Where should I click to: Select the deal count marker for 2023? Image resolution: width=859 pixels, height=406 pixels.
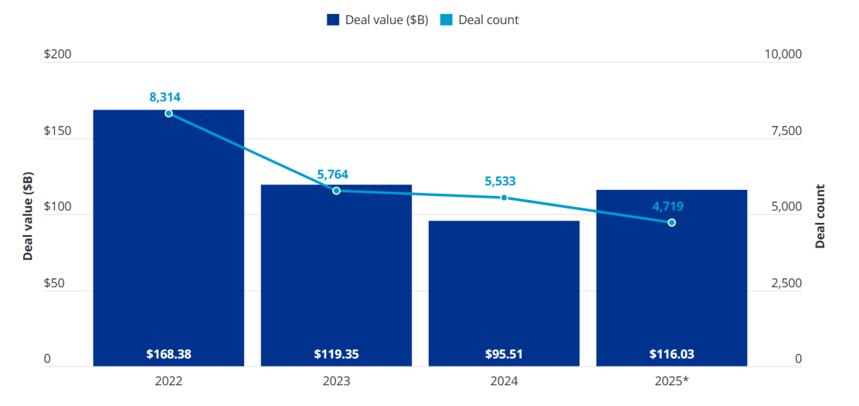tap(336, 191)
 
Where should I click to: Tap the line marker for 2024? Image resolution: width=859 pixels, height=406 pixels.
tap(504, 198)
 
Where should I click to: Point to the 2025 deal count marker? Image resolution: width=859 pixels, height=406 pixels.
tap(672, 222)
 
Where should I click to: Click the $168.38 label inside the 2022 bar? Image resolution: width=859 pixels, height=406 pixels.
tap(168, 354)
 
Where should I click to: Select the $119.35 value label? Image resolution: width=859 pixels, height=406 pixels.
tap(336, 354)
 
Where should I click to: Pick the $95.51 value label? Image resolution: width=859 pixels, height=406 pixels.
tap(504, 354)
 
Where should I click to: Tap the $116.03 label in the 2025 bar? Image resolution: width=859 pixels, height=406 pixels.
tap(672, 354)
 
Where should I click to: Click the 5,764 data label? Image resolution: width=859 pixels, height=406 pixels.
tap(333, 174)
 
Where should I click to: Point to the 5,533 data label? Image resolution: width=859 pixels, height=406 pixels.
tap(500, 181)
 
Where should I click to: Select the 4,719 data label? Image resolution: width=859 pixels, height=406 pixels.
tap(668, 206)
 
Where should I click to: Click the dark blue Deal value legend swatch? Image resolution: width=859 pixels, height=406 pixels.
tap(333, 19)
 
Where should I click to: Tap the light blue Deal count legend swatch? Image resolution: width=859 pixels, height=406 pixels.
tap(446, 19)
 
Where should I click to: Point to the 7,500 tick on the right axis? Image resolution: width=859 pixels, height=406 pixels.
tap(783, 131)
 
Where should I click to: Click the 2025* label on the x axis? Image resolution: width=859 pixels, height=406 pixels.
tap(672, 381)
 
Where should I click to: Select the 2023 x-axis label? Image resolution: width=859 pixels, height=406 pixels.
tap(336, 381)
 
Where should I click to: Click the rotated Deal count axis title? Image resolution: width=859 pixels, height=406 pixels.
tap(820, 216)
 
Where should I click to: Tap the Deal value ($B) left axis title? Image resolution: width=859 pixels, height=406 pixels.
tap(28, 215)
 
